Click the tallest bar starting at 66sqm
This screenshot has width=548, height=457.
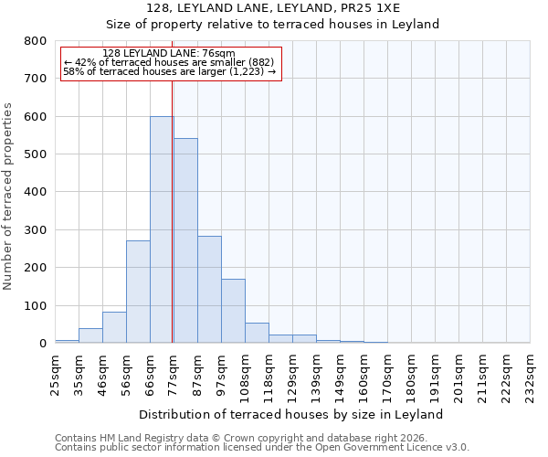162,229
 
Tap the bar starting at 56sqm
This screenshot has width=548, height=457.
138,292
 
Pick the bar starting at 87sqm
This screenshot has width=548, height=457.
209,302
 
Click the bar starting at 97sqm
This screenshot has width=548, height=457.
233,311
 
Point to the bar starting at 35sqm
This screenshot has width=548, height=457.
90,335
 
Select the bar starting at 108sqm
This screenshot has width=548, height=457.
257,333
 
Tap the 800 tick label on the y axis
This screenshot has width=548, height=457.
36,41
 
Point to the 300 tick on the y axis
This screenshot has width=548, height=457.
36,229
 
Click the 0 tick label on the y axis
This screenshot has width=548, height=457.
43,343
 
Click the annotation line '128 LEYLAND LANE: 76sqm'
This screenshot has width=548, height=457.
169,53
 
